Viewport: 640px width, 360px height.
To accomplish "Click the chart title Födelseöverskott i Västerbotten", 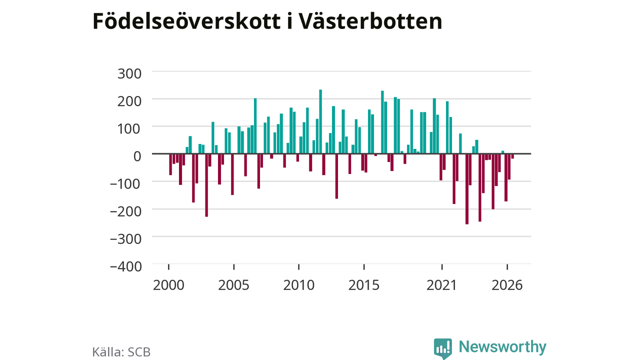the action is pyautogui.click(x=267, y=21).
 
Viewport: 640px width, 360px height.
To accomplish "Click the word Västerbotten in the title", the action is pyautogui.click(x=370, y=21).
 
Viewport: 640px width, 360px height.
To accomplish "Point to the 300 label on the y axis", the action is pyautogui.click(x=129, y=73).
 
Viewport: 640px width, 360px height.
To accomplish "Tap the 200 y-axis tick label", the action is pyautogui.click(x=129, y=101).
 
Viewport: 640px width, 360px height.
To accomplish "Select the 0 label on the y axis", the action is pyautogui.click(x=137, y=156).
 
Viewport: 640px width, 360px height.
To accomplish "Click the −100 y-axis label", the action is pyautogui.click(x=125, y=183).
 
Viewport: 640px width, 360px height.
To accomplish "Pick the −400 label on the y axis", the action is pyautogui.click(x=125, y=266).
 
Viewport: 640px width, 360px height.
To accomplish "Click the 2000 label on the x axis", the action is pyautogui.click(x=168, y=285).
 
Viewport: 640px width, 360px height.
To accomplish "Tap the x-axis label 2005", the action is pyautogui.click(x=233, y=285).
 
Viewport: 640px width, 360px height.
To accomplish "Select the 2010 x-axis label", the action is pyautogui.click(x=299, y=285).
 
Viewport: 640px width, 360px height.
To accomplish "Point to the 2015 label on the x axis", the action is pyautogui.click(x=364, y=285).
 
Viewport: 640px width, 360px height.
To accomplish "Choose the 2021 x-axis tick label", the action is pyautogui.click(x=442, y=285).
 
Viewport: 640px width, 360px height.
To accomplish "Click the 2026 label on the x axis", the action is pyautogui.click(x=507, y=285).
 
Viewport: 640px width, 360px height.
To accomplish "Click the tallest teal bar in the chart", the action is pyautogui.click(x=320, y=121).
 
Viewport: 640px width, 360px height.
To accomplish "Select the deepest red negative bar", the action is pyautogui.click(x=467, y=189).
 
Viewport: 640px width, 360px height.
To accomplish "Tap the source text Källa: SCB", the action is pyautogui.click(x=121, y=352).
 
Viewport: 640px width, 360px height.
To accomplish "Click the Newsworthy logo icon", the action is pyautogui.click(x=443, y=348).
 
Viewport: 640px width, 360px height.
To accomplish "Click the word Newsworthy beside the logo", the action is pyautogui.click(x=502, y=347).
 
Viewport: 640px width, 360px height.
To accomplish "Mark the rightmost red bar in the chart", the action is pyautogui.click(x=512, y=156).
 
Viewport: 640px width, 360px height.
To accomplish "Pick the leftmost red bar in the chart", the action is pyautogui.click(x=170, y=164).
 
